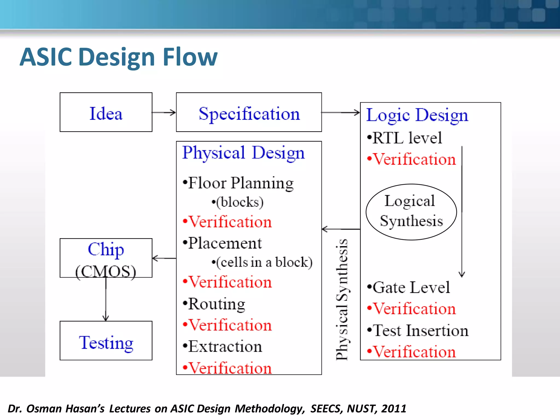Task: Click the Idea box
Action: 106,112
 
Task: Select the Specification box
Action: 249,112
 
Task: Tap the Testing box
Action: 106,341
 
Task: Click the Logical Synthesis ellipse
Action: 411,212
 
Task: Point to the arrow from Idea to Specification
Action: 164,112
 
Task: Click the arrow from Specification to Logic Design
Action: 341,112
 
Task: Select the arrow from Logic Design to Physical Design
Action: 341,229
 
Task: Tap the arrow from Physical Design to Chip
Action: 164,258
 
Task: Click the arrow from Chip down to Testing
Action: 106,299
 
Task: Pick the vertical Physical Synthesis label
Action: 342,299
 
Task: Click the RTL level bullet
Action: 405,138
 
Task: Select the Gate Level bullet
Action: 409,287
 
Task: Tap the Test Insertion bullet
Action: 418,331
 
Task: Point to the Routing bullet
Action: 214,304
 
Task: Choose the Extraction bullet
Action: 223,347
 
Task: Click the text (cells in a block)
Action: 262,262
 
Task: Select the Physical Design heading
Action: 243,153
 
